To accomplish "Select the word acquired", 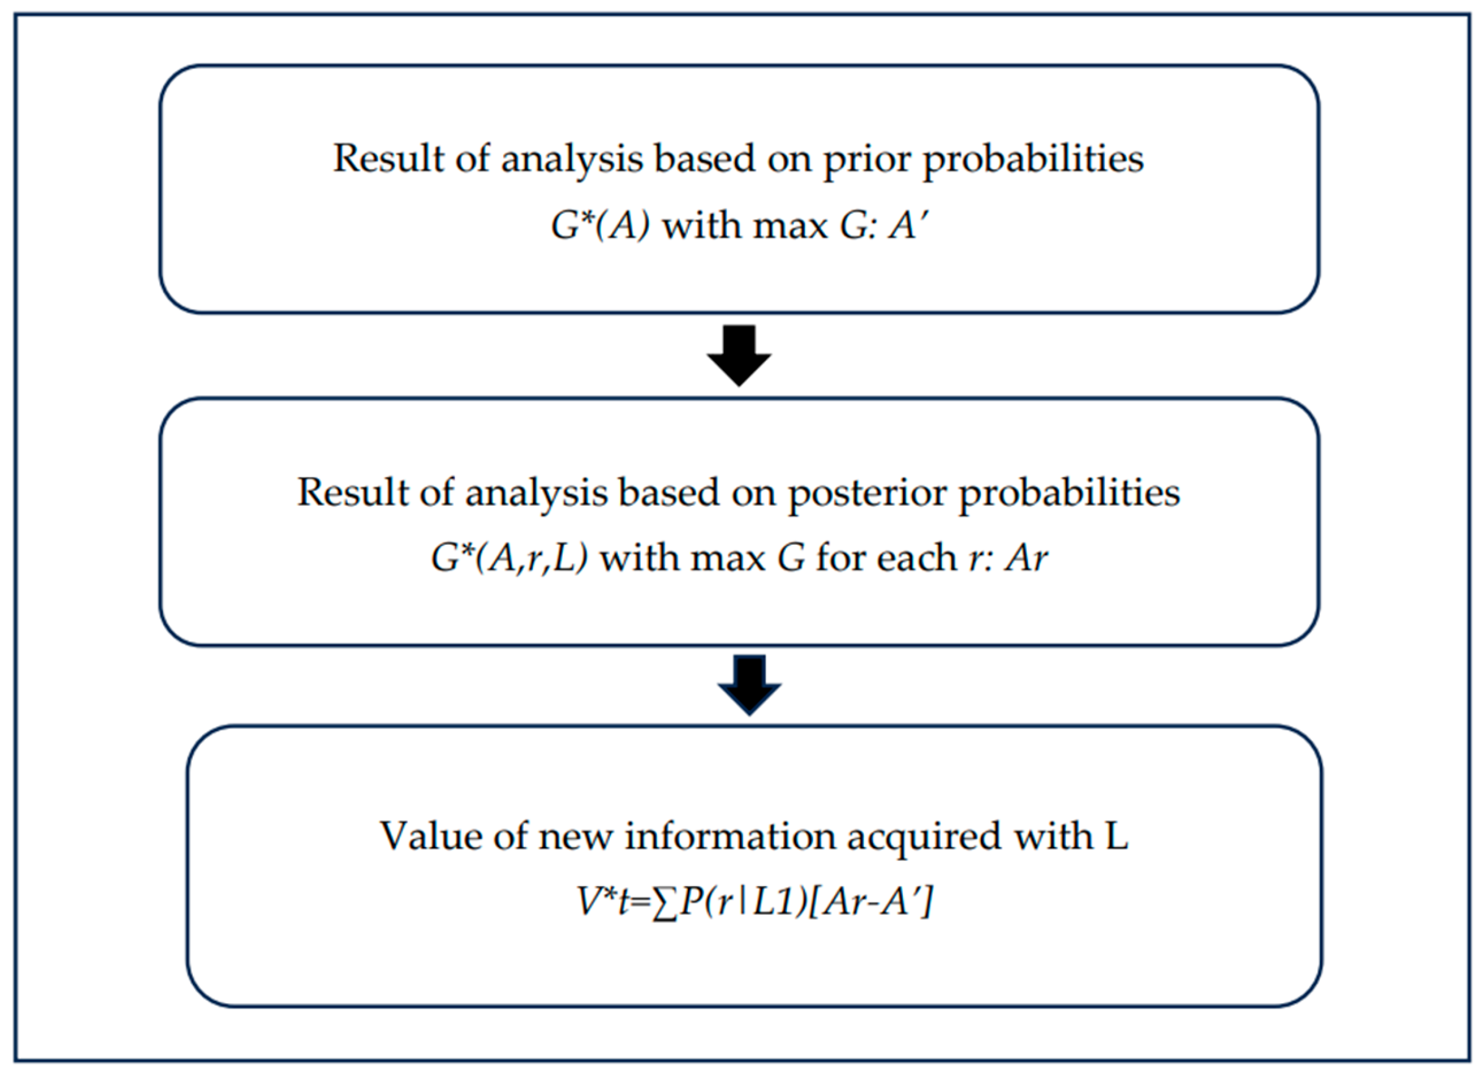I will (x=924, y=838).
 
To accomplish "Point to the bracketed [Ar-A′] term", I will (x=870, y=904).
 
